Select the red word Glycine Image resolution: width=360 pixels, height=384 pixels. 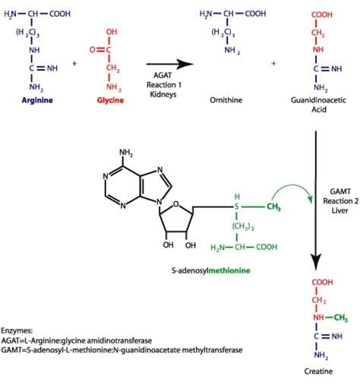click(x=109, y=99)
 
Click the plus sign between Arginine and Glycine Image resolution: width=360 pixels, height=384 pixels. click(x=74, y=64)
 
